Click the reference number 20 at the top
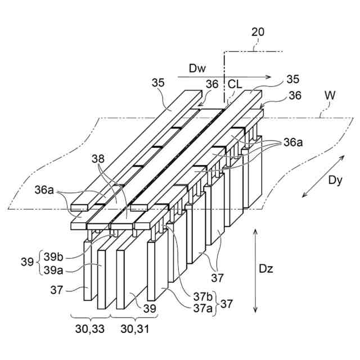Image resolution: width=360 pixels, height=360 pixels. point(258,32)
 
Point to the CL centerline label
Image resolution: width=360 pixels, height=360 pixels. point(235,84)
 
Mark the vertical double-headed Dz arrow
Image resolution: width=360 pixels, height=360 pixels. point(256,270)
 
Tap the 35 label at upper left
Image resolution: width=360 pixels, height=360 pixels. point(158,83)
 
